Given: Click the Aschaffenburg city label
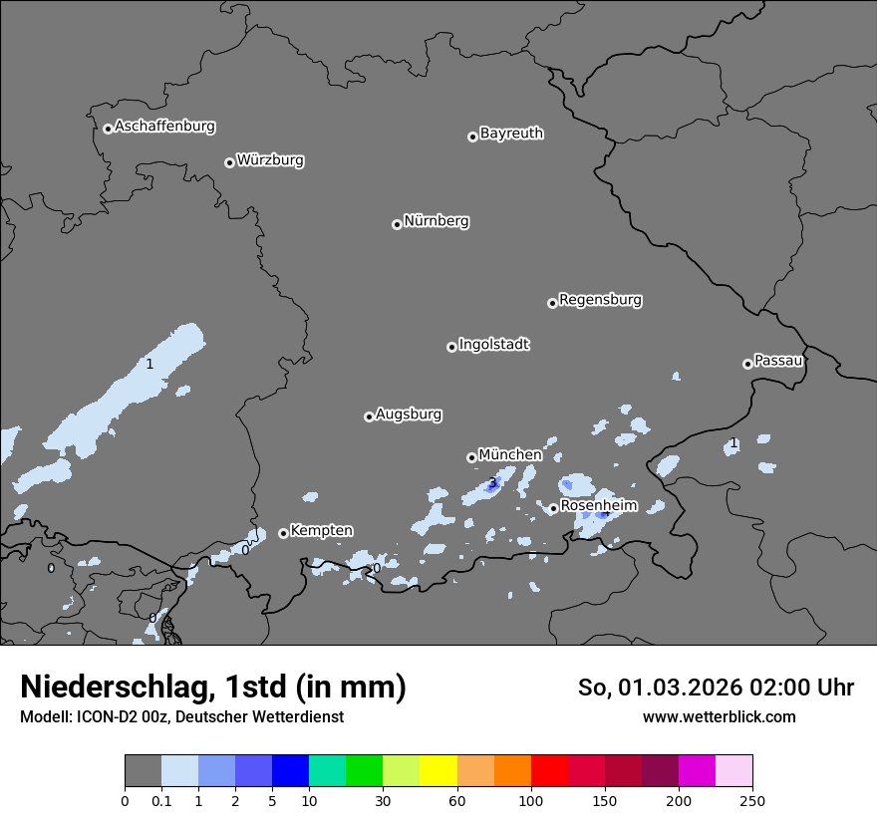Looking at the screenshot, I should click(x=164, y=127).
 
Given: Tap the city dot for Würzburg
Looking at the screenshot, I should click(x=229, y=162).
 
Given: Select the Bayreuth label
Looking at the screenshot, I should click(x=511, y=134).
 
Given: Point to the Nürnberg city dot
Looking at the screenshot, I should click(x=397, y=224).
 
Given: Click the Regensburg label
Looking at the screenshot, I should click(x=600, y=300).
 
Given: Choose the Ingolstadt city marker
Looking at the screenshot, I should click(x=451, y=347).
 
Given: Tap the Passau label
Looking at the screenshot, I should click(x=778, y=361).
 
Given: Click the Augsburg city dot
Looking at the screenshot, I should click(x=369, y=416).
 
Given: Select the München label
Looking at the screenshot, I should click(x=510, y=455).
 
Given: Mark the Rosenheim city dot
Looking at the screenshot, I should click(x=553, y=508).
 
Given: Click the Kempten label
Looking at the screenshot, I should click(x=321, y=531).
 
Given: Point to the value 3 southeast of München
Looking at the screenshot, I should click(x=491, y=483).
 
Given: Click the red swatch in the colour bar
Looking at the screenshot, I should click(x=549, y=771).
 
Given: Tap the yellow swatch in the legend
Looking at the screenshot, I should click(x=438, y=771).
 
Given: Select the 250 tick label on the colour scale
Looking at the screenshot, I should click(x=752, y=800).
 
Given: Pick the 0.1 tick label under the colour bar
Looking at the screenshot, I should click(x=161, y=800).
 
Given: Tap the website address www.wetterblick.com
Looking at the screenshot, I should click(x=719, y=717).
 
